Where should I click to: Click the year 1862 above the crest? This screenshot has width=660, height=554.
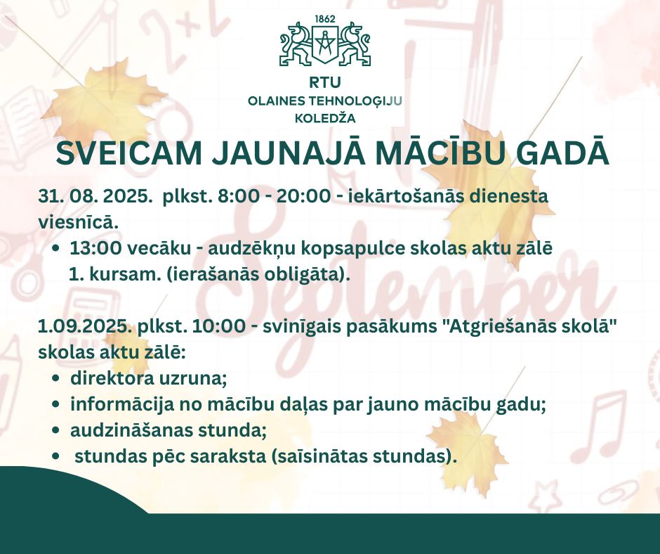(x=325, y=20)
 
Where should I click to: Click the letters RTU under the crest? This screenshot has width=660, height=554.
(x=324, y=83)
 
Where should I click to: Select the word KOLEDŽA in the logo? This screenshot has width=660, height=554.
(x=325, y=119)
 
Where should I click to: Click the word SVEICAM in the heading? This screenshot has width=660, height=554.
(x=129, y=153)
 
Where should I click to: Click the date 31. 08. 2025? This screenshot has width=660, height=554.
(x=95, y=196)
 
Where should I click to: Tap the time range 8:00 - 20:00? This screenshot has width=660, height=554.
(x=274, y=196)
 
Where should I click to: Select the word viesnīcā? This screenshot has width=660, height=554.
(x=77, y=222)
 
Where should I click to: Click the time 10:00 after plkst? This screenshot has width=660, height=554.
(x=218, y=327)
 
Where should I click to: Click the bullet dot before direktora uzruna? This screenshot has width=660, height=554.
(x=55, y=379)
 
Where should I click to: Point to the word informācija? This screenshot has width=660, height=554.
(x=122, y=405)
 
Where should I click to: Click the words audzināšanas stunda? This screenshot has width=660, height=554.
(x=169, y=431)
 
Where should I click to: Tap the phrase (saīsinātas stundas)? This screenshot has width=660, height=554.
(x=364, y=457)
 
